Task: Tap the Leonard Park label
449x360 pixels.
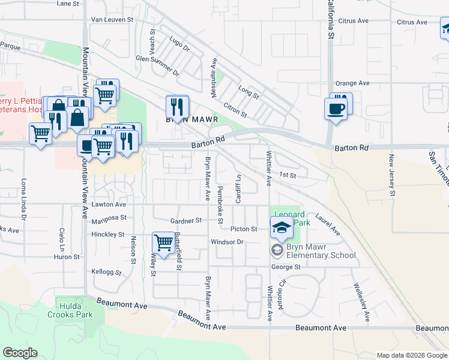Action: (289, 218)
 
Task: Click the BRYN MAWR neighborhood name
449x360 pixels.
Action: (190, 119)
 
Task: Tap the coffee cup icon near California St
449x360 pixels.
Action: (336, 109)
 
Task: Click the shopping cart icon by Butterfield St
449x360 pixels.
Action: (163, 243)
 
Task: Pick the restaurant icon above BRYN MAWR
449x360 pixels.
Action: (177, 107)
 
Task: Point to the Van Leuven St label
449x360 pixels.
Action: (112, 20)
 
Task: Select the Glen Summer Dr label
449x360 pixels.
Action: (158, 64)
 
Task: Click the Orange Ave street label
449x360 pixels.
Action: (352, 83)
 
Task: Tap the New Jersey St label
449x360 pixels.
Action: (391, 175)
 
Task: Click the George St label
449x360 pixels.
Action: (285, 266)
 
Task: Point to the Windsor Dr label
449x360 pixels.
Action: (226, 242)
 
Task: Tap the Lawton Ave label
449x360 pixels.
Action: (109, 205)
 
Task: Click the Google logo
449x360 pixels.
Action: (20, 353)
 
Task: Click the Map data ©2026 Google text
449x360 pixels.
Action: (411, 355)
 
